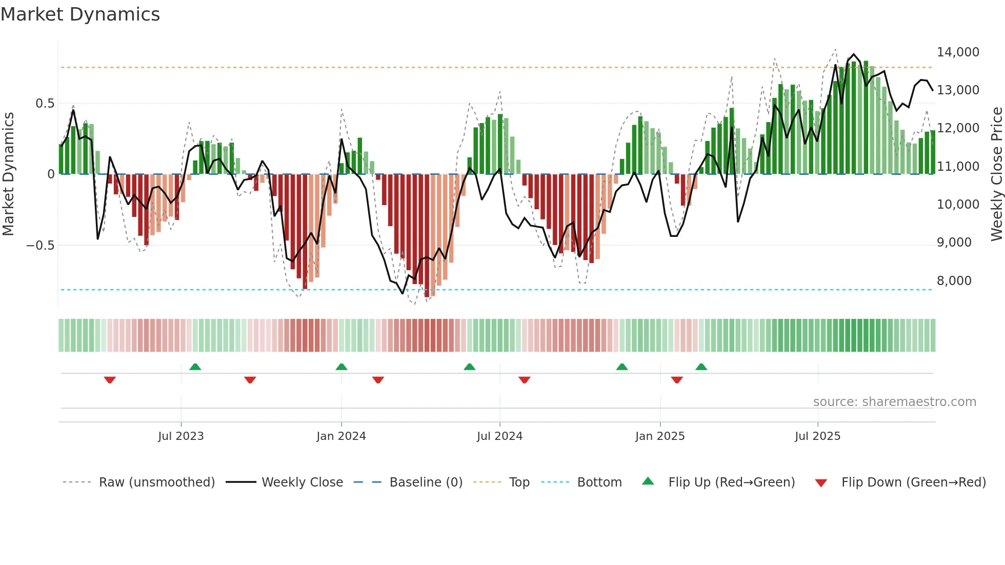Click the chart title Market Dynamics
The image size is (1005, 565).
[80, 14]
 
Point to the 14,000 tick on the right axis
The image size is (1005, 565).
[957, 52]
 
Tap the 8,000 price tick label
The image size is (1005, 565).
[954, 281]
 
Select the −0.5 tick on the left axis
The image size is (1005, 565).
[40, 246]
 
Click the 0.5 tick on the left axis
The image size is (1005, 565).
[45, 104]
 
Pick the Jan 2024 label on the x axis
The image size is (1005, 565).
[341, 436]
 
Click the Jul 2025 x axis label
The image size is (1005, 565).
[817, 436]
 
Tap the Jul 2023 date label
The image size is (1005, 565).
[180, 436]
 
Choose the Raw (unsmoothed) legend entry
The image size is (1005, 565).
[156, 482]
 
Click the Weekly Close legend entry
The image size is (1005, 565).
[302, 482]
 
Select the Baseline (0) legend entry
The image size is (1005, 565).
[426, 482]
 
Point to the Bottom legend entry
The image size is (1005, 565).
[599, 482]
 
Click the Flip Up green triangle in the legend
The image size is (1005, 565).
[648, 481]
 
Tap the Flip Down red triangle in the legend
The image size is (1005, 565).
[821, 483]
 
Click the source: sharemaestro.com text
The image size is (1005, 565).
[894, 402]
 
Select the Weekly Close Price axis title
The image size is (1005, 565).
[996, 174]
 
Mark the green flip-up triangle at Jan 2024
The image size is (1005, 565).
[341, 367]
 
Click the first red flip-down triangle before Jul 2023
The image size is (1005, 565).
[110, 380]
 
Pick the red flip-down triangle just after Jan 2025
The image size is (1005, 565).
[677, 380]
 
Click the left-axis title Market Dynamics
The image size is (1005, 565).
[8, 174]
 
